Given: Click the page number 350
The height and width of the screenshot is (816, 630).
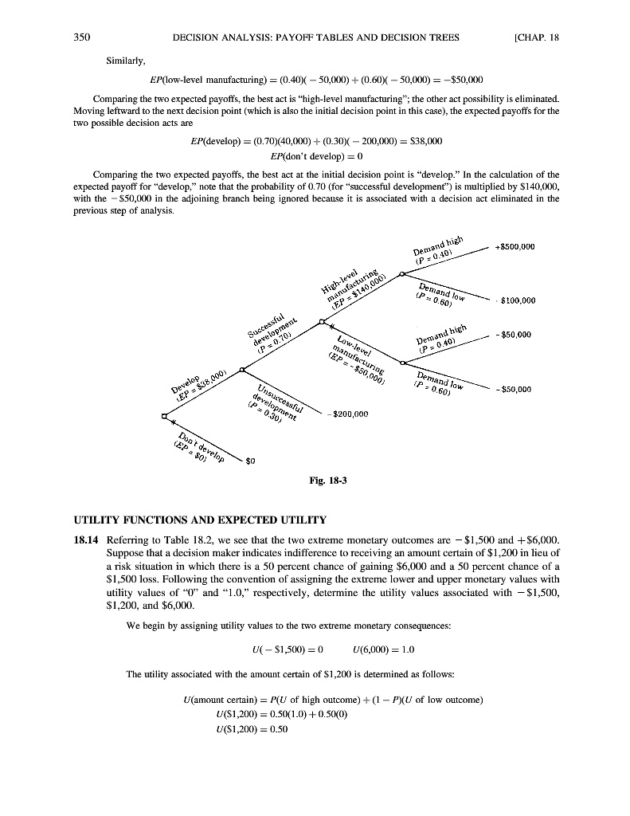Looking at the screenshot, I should click(80, 37).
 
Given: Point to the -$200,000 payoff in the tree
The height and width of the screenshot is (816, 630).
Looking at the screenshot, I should click(350, 414).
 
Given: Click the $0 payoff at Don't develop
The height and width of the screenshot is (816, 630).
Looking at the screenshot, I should click(249, 461).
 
